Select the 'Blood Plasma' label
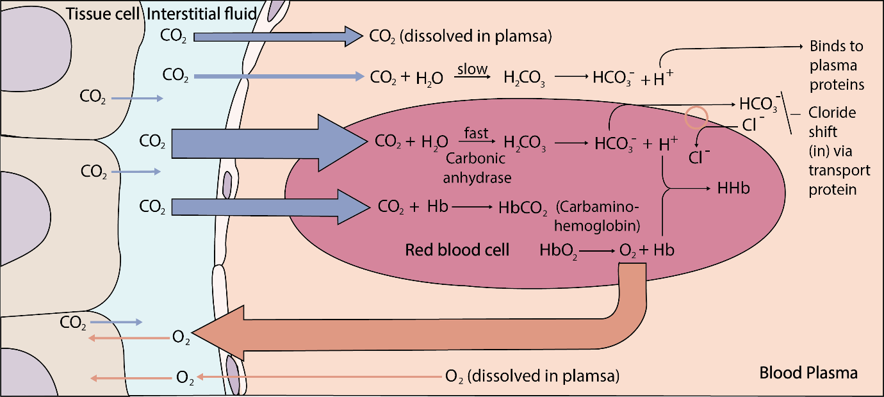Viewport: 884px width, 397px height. (808, 372)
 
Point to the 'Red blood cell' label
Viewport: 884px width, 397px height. (457, 250)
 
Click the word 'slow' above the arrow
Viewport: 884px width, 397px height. (473, 69)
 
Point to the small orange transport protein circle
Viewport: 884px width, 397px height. (697, 118)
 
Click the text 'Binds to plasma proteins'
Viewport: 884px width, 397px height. (836, 66)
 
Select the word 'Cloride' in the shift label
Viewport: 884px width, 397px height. (831, 113)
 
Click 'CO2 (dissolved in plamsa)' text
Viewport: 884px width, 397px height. (461, 36)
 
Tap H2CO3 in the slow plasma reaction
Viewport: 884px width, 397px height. (525, 77)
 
